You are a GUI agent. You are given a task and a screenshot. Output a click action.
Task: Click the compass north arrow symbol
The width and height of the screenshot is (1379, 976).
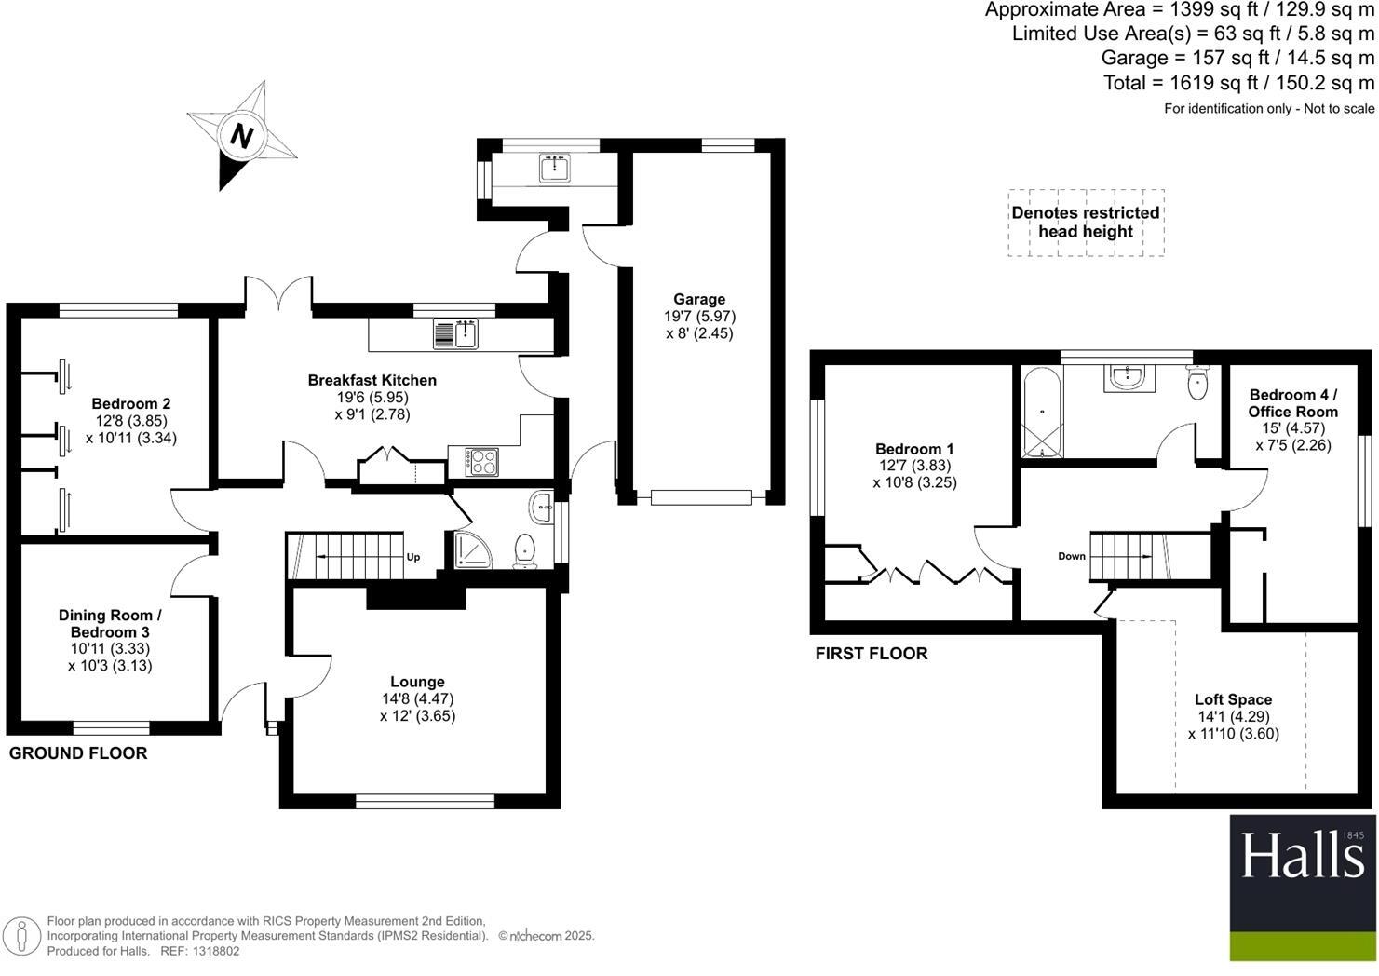(x=242, y=136)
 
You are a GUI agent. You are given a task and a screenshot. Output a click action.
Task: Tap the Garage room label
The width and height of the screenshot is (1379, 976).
(x=699, y=299)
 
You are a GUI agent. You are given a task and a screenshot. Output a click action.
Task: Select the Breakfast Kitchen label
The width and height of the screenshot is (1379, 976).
(x=372, y=380)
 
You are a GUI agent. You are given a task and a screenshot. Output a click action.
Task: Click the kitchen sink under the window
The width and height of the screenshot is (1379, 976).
(x=455, y=333)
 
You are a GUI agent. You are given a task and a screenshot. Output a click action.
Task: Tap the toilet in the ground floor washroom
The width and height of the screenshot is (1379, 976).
(x=525, y=549)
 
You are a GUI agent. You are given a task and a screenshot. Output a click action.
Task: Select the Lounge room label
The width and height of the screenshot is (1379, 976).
(x=417, y=682)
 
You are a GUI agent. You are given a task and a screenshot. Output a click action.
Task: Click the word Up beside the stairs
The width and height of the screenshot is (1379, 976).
(x=413, y=557)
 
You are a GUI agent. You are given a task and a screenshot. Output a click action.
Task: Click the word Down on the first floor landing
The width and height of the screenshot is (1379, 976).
(x=1072, y=556)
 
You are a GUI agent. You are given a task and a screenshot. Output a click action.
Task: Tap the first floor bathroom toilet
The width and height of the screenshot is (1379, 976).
(x=1197, y=382)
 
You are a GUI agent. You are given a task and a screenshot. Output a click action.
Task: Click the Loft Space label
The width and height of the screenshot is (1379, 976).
(x=1233, y=699)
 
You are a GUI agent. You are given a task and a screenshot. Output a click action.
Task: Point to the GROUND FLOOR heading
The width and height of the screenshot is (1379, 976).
(x=78, y=753)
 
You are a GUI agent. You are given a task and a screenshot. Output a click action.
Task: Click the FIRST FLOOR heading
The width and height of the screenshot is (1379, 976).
(x=872, y=654)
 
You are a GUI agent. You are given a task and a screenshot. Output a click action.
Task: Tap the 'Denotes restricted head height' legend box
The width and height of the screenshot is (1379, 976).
(x=1086, y=223)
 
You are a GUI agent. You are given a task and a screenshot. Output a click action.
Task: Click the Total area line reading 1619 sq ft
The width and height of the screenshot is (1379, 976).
(x=1238, y=83)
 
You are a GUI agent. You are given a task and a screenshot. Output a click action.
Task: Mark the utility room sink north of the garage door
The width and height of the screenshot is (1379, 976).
(x=555, y=168)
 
